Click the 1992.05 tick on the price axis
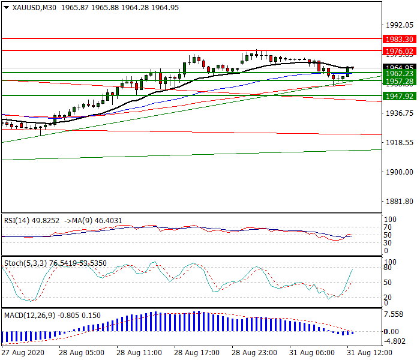click(x=400, y=25)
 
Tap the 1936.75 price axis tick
click(x=400, y=113)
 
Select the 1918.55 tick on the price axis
click(x=400, y=143)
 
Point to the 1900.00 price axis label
click(x=400, y=172)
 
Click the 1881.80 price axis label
click(x=400, y=202)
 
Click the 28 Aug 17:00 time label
click(x=196, y=352)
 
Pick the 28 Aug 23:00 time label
click(x=254, y=352)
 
